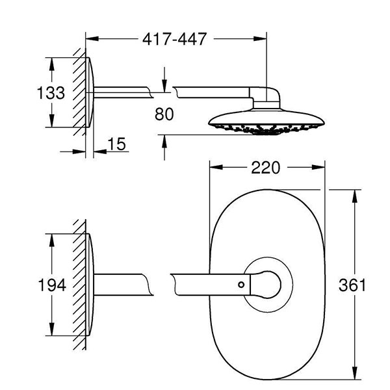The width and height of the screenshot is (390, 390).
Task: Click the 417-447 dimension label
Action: point(174,39)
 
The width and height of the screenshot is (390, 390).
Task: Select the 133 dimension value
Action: point(51,93)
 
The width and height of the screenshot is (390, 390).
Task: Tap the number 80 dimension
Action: point(164,114)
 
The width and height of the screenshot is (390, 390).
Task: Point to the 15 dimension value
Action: point(116,144)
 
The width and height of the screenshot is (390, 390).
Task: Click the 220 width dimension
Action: point(265,168)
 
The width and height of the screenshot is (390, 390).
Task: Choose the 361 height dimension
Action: point(352,285)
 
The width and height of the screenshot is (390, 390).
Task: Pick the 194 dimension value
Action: point(52,285)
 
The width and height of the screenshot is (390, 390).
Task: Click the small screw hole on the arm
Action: point(241,285)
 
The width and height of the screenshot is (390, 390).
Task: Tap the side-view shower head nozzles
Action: point(266,129)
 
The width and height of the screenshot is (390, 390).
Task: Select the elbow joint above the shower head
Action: point(265,97)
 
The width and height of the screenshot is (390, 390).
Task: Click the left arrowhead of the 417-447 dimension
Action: point(92,39)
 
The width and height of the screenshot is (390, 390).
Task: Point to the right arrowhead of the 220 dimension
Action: point(318,168)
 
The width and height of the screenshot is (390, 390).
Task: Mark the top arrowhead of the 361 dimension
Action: point(355,196)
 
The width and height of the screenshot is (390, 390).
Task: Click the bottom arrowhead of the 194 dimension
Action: point(52,329)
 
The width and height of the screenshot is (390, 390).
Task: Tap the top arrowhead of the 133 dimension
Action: point(52,64)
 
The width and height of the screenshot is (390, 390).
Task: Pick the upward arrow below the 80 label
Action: point(164,148)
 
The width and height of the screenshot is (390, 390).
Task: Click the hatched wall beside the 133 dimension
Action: point(79,92)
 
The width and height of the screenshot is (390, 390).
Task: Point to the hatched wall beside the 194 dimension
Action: point(79,285)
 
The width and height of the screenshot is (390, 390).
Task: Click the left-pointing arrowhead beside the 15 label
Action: point(100,151)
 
